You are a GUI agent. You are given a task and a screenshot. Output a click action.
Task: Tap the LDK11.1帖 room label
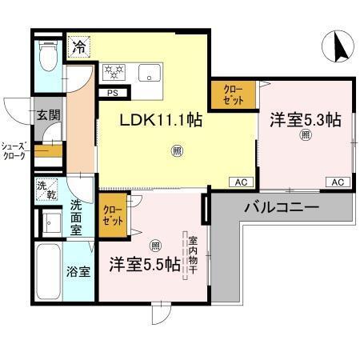pos(161,121)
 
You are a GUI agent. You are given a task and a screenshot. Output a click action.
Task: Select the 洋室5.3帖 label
pos(305,120)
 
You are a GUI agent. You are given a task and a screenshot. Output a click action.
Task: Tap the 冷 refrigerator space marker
pos(79,48)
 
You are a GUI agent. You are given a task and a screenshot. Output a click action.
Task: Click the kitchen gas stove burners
pos(115,72)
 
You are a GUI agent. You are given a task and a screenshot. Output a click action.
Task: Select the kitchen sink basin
pos(150,74)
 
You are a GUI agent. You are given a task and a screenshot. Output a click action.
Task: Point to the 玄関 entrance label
pos(47,115)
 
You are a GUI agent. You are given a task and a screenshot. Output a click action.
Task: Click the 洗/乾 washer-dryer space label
pos(46,190)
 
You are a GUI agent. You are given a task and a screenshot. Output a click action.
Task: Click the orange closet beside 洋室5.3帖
pos(233,95)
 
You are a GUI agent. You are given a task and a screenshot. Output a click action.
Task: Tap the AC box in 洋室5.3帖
pos(338,182)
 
